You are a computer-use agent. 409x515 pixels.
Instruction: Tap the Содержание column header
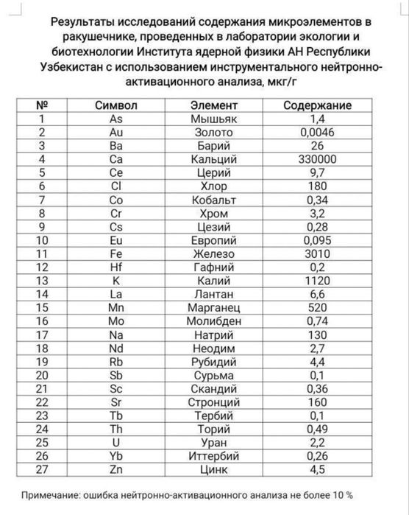point(317,106)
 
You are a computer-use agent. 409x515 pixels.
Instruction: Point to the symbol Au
point(115,133)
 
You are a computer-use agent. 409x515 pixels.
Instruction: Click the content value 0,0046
point(317,133)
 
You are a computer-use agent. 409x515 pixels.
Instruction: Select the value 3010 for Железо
point(317,253)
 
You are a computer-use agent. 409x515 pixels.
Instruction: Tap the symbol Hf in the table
point(115,267)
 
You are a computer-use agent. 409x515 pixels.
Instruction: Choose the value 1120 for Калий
point(317,280)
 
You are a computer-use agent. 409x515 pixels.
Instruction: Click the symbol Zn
point(115,469)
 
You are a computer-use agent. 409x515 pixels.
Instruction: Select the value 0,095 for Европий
point(317,240)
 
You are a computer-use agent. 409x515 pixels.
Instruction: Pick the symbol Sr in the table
point(115,402)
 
